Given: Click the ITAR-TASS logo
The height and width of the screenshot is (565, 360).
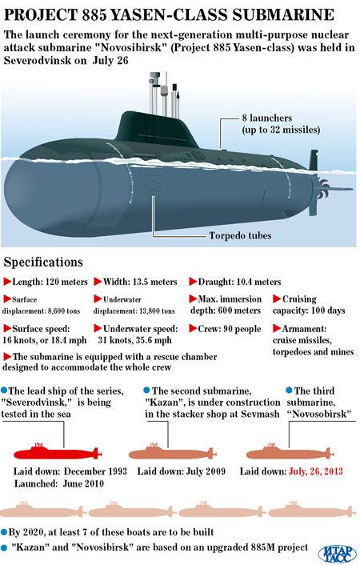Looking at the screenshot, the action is pyautogui.click(x=338, y=553).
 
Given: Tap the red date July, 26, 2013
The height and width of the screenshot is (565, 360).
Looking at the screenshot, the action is pyautogui.click(x=316, y=471).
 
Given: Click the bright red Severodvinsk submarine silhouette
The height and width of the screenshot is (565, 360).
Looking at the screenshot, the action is pyautogui.click(x=58, y=452).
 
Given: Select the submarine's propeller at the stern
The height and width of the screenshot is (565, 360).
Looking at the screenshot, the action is pyautogui.click(x=321, y=188).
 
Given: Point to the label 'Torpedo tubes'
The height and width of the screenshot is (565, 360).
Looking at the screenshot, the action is pyautogui.click(x=240, y=235).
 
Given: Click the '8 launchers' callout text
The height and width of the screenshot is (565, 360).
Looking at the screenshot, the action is pyautogui.click(x=267, y=118).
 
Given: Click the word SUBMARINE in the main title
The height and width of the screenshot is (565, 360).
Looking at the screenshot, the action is pyautogui.click(x=283, y=15).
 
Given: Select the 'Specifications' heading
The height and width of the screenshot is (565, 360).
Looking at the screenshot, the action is pyautogui.click(x=43, y=262).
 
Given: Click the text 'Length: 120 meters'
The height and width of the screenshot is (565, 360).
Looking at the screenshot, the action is pyautogui.click(x=50, y=282).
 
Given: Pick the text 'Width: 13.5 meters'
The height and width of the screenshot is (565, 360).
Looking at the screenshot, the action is pyautogui.click(x=140, y=282).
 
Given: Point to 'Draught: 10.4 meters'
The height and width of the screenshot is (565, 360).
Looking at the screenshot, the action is pyautogui.click(x=240, y=282).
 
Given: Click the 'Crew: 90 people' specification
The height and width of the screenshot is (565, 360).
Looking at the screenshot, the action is pyautogui.click(x=230, y=329).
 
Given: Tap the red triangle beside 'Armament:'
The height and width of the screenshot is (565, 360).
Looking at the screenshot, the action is pyautogui.click(x=277, y=328).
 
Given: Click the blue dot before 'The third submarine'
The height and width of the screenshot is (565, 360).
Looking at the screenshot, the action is pyautogui.click(x=289, y=391).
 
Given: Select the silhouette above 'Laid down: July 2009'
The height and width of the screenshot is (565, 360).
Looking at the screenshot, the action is pyautogui.click(x=173, y=452).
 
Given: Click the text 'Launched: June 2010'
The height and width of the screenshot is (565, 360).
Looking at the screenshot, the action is pyautogui.click(x=59, y=483).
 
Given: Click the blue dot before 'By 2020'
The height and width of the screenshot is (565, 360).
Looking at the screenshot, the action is pyautogui.click(x=4, y=532).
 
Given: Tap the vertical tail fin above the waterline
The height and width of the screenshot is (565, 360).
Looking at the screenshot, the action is pyautogui.click(x=313, y=160).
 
